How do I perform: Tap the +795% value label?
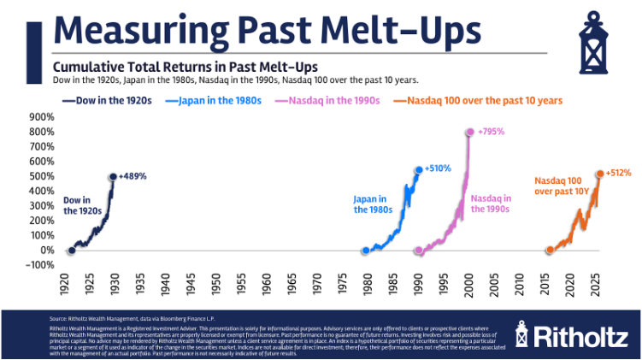[x=492, y=133]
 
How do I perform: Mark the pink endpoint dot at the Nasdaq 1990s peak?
[x=469, y=133]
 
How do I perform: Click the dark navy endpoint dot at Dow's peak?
[x=112, y=177]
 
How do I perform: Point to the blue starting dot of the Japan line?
[x=366, y=251]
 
